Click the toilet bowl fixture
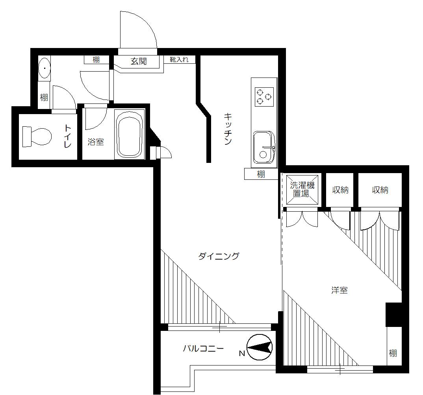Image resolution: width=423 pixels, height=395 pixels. [37, 137]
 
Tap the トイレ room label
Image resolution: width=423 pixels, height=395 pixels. [68, 136]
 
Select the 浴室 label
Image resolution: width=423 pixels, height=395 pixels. [96, 142]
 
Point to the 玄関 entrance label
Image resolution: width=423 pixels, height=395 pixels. [139, 61]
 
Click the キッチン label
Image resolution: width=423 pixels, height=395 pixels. [228, 129]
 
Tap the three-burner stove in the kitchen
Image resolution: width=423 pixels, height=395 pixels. [264, 97]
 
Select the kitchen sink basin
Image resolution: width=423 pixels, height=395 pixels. [263, 147]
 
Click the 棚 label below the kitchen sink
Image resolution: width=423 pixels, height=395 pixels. [261, 174]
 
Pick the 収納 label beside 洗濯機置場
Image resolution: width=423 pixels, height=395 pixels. [340, 190]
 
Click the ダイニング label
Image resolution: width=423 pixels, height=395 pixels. [219, 257]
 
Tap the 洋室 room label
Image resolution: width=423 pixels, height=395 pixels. [339, 291]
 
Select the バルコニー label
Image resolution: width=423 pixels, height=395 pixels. [203, 349]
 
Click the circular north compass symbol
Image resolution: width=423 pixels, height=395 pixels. [260, 347]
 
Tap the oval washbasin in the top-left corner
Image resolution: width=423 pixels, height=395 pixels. [45, 68]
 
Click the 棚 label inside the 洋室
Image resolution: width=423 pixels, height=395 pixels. [393, 353]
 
